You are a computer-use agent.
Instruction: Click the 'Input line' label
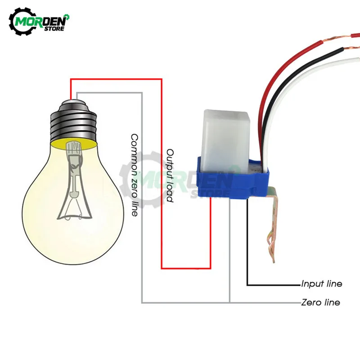click(x=321, y=284)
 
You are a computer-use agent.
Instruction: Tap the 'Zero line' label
click(x=320, y=302)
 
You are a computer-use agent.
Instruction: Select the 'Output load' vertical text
click(x=170, y=175)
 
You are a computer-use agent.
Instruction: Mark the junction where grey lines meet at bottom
click(x=229, y=302)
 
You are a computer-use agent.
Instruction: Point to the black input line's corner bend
click(x=247, y=285)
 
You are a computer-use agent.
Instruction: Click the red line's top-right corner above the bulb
click(x=161, y=79)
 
